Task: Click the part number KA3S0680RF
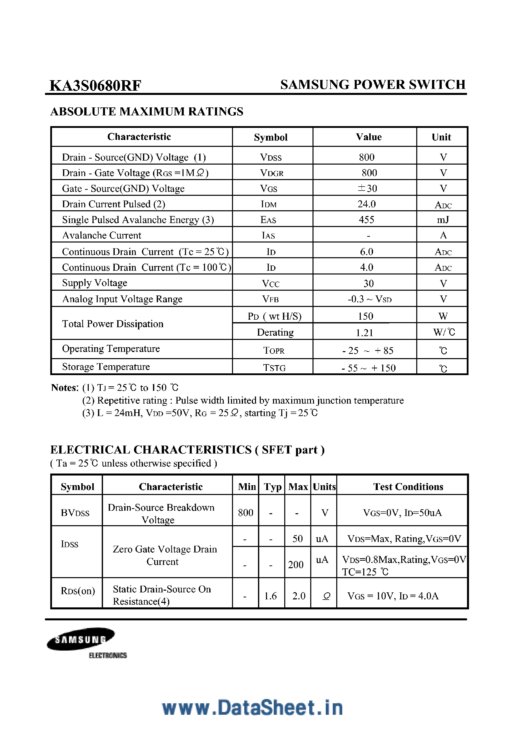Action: click(x=95, y=85)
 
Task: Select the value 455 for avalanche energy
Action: click(x=366, y=220)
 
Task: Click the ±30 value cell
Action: click(x=367, y=188)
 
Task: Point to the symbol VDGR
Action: click(x=271, y=173)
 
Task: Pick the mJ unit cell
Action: click(x=442, y=220)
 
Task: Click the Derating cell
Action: click(x=275, y=332)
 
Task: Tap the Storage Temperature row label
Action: click(x=106, y=367)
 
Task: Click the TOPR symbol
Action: click(x=273, y=351)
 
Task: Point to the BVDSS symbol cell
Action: click(x=75, y=513)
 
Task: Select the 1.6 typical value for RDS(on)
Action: click(x=270, y=596)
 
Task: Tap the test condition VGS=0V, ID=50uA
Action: click(x=402, y=513)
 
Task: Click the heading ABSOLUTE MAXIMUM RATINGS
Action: click(x=147, y=112)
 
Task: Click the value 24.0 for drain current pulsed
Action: click(x=366, y=204)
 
